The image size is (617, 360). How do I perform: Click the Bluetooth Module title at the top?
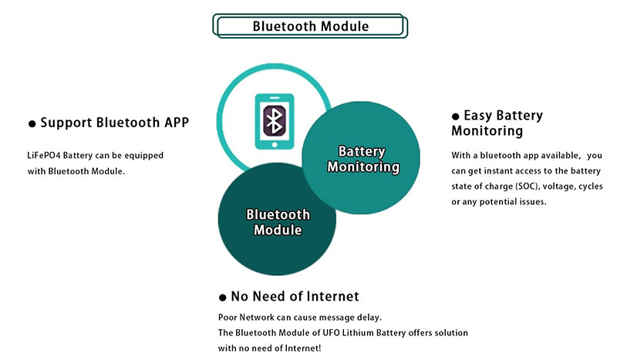tap(311, 26)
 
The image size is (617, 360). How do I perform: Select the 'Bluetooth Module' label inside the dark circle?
tap(278, 222)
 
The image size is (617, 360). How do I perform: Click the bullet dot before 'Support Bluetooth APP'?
tap(32, 123)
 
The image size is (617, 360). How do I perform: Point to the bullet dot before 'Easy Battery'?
tap(456, 116)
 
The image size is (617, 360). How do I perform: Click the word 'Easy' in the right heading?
tap(477, 116)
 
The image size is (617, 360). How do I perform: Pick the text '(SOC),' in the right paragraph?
tap(534, 187)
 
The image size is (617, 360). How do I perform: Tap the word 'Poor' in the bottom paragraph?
tap(229, 318)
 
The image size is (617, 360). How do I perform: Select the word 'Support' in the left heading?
tap(66, 123)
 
